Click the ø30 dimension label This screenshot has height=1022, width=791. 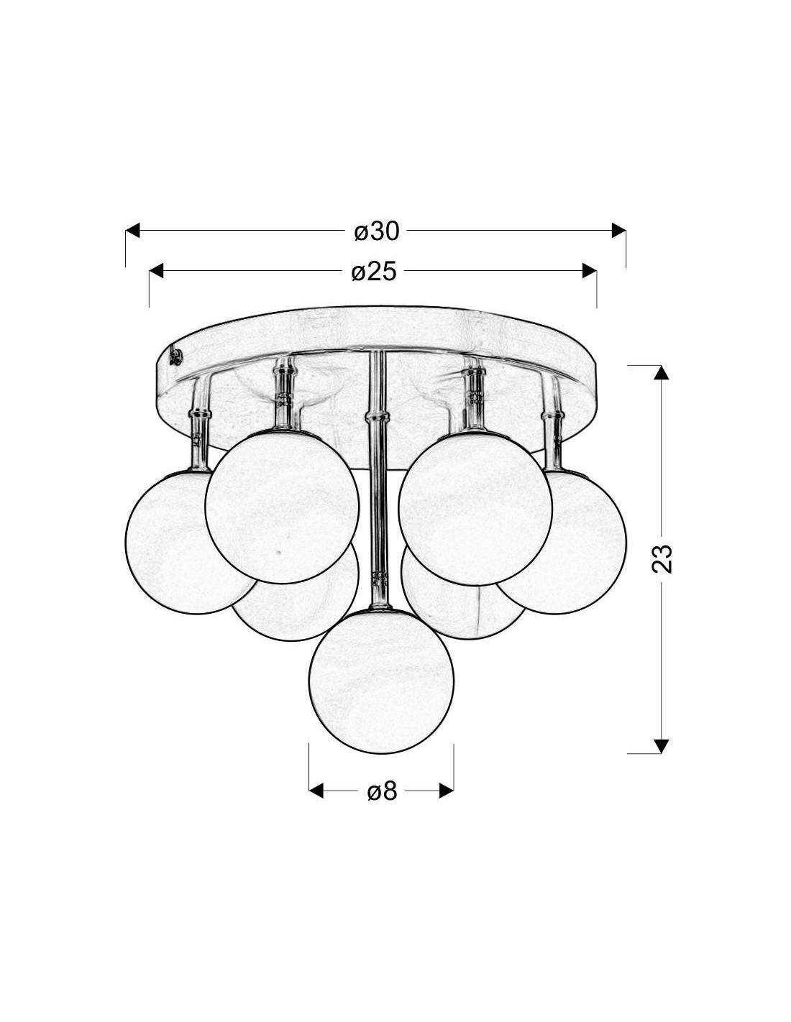(376, 231)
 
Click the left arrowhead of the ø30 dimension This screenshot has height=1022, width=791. (133, 231)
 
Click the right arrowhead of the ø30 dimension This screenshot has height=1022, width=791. (618, 231)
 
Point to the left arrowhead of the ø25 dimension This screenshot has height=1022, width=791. (156, 271)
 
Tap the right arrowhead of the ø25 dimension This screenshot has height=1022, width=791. (590, 271)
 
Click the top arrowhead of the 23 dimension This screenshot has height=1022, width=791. (662, 372)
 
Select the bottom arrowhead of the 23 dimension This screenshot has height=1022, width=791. (662, 746)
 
